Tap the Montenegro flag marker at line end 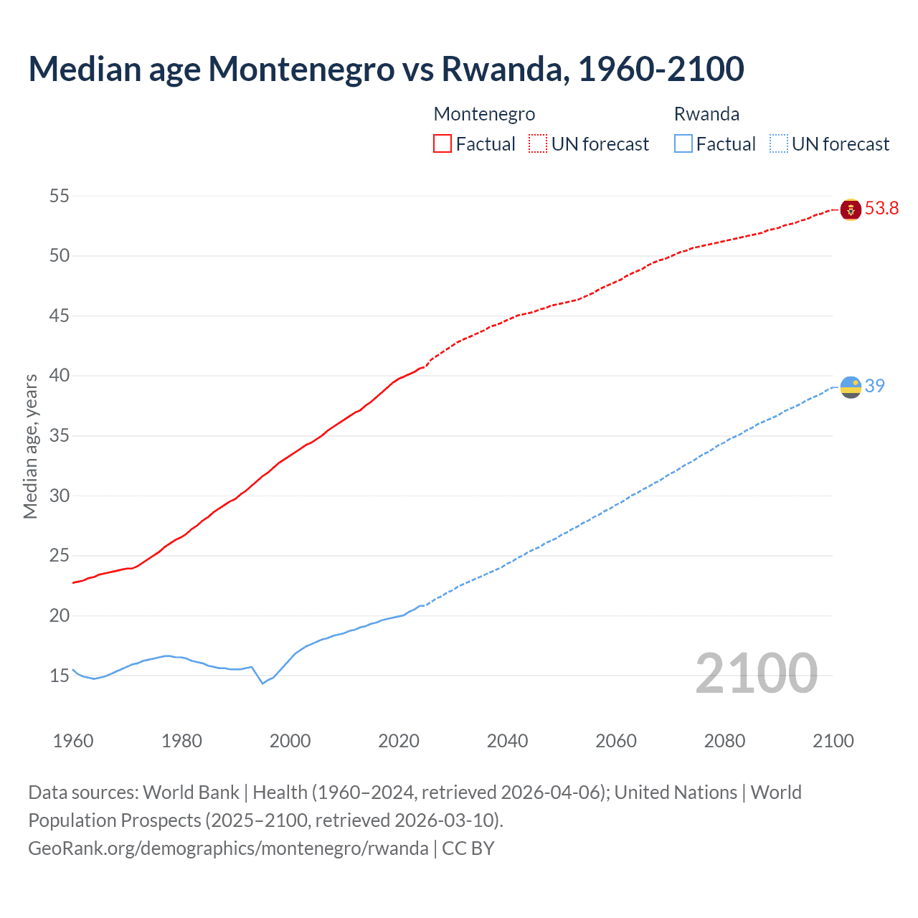(851, 209)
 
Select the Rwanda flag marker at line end (851, 387)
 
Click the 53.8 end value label (881, 209)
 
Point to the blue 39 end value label (874, 386)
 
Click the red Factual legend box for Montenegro (443, 144)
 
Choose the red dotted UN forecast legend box (538, 144)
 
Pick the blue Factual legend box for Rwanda (683, 144)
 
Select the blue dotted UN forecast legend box (779, 144)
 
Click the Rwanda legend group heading (706, 114)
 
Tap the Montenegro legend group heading (484, 114)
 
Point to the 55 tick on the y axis (60, 196)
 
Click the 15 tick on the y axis (60, 676)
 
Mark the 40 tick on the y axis (60, 376)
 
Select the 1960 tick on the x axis (73, 741)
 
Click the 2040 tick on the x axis (507, 741)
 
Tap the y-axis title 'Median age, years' (30, 446)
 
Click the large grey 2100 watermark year (756, 673)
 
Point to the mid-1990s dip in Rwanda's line (262, 683)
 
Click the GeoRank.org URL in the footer (228, 848)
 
